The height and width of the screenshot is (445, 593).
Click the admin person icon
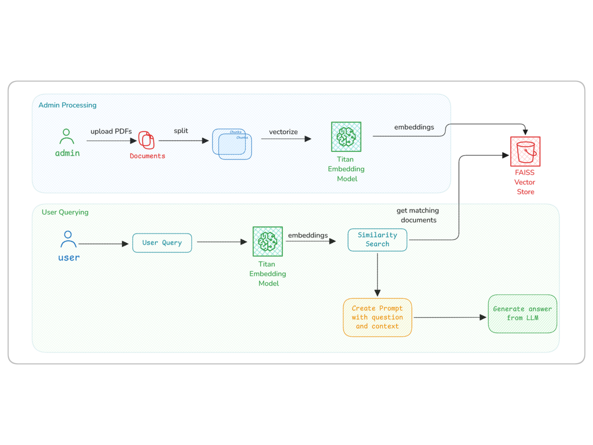point(66,136)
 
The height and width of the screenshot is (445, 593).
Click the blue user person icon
point(68,239)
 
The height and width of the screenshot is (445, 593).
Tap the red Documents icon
point(146,140)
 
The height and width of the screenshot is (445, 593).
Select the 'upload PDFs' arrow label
point(111,131)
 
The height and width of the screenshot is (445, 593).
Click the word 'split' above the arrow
point(181,131)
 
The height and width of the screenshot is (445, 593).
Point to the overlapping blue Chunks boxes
point(232,144)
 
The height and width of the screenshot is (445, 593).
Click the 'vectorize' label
point(283,132)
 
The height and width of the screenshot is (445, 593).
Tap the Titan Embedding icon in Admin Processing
point(346,137)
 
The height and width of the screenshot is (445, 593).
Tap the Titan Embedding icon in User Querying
point(267,241)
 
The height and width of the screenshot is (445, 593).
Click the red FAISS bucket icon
point(525,151)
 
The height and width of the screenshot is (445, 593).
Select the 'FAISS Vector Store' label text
point(525,182)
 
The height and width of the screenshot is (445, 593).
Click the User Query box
point(162,243)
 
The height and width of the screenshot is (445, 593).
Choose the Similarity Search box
point(377,240)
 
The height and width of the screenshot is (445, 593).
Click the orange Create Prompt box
point(377,317)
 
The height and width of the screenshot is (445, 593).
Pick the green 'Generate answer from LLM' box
point(522,314)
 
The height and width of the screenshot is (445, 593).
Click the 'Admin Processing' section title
point(67,105)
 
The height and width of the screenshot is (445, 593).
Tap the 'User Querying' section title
point(65,212)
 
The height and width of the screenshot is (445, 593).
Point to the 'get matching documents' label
point(418,215)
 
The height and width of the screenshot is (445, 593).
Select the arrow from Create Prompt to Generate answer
point(449,317)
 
